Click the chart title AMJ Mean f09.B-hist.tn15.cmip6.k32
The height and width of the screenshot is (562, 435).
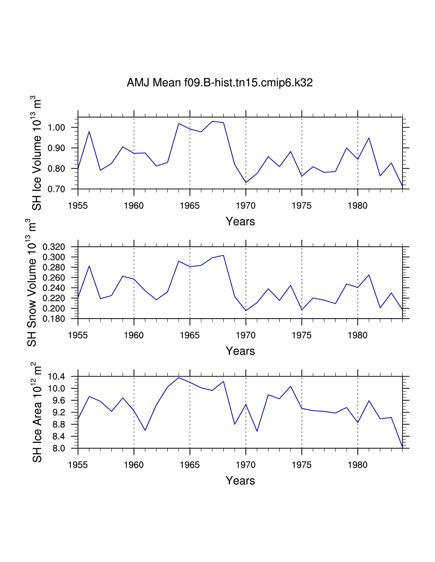(x=220, y=83)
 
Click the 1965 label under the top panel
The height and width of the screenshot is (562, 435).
(x=190, y=206)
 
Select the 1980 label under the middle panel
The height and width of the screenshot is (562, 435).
(x=357, y=335)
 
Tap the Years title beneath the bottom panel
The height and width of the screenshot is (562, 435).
(x=240, y=481)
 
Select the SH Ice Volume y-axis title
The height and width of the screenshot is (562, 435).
(x=37, y=153)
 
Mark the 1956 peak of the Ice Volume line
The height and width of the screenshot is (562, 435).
(x=89, y=131)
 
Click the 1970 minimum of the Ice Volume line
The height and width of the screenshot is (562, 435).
(x=246, y=182)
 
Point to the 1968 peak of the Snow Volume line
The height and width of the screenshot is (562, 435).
(x=223, y=255)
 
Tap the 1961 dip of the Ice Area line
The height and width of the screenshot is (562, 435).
(x=145, y=430)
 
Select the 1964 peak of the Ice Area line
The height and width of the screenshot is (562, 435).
(x=179, y=378)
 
